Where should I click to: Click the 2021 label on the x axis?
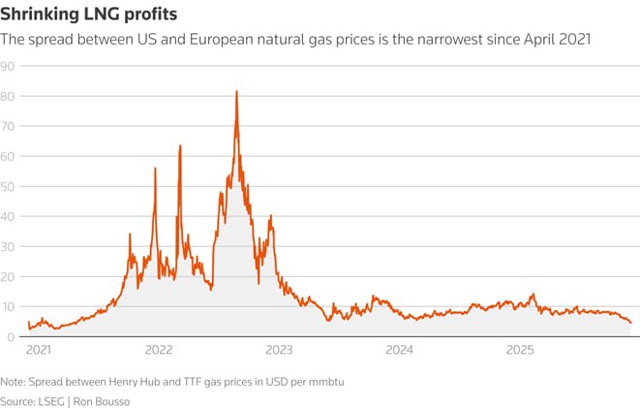(39, 349)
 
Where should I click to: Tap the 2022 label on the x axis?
(159, 349)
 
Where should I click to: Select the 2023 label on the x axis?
(279, 349)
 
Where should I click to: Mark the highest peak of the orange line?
(236, 92)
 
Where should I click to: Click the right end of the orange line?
(630, 323)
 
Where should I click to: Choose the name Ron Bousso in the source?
(104, 399)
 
